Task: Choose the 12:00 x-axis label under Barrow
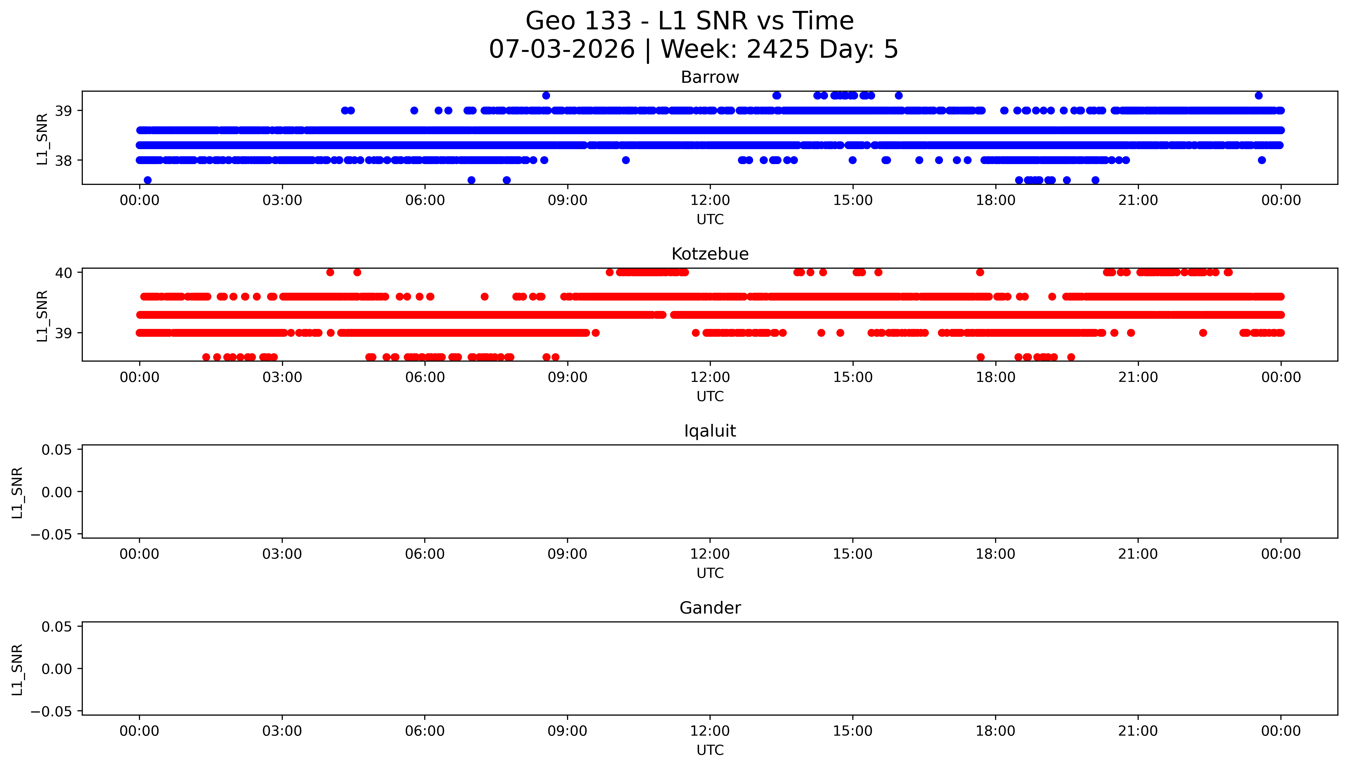(710, 201)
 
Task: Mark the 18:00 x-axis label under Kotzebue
(995, 377)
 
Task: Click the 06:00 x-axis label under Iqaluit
(425, 554)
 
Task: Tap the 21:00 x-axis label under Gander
(1138, 731)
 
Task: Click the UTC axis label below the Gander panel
(710, 750)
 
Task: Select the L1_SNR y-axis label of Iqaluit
(17, 492)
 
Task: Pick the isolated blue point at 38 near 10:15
(626, 160)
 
